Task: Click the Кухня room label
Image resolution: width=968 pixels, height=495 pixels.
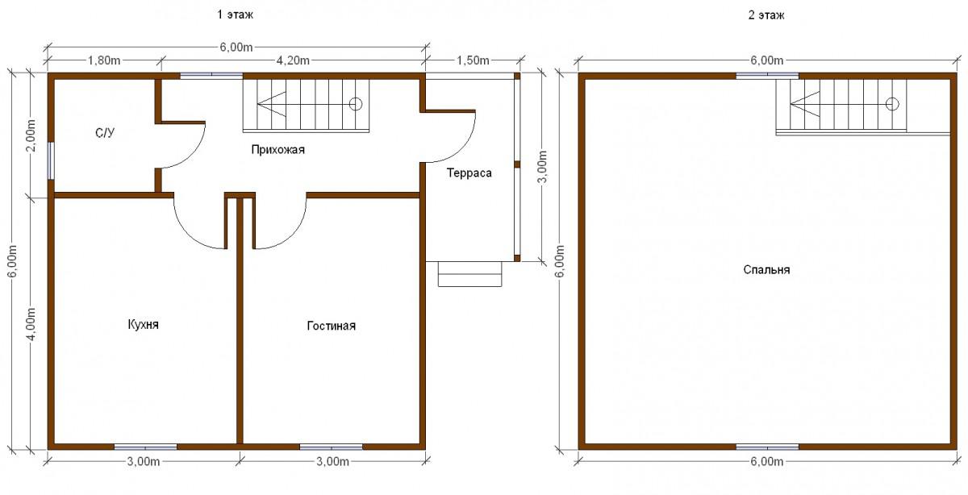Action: (x=143, y=325)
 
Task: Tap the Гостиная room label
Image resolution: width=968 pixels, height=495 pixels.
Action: (x=331, y=326)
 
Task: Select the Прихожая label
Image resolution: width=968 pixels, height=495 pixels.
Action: (x=277, y=150)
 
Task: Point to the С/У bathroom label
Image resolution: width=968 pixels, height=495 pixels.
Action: (x=105, y=132)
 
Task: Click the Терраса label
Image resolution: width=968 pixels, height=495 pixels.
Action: (x=469, y=173)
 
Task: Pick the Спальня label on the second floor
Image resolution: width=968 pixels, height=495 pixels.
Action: (x=766, y=270)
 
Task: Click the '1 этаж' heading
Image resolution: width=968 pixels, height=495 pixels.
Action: (x=235, y=15)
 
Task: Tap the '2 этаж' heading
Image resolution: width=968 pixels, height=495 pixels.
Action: (x=766, y=15)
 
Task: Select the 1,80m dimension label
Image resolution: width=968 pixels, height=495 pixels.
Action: (x=104, y=60)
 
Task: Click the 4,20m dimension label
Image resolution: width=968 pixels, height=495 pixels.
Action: (x=293, y=60)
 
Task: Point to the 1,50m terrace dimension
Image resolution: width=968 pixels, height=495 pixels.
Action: (x=474, y=60)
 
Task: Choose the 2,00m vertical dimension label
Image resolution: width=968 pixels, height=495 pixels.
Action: (x=31, y=136)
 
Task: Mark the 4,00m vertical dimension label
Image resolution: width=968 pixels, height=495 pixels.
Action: (x=31, y=324)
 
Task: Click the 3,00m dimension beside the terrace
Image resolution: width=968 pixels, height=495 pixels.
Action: (x=542, y=167)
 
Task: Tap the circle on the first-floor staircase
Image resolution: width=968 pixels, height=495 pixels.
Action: (x=356, y=104)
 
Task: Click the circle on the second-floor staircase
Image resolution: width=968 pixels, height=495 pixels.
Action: (x=892, y=104)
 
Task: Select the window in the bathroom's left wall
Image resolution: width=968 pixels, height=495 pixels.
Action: (x=51, y=160)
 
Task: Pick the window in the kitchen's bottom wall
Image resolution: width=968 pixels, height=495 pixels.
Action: (x=146, y=447)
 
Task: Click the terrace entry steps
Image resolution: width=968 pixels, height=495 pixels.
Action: (x=470, y=274)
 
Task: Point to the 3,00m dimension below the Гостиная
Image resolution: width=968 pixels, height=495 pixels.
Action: (x=332, y=462)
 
